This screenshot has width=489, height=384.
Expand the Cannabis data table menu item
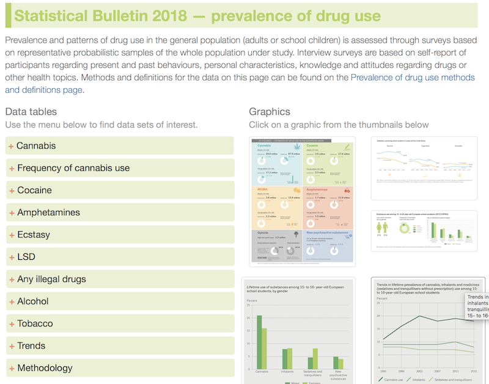click(36, 146)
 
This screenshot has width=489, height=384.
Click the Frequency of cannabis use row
click(73, 168)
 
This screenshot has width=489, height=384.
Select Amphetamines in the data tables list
click(48, 212)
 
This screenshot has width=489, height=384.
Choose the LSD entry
click(26, 257)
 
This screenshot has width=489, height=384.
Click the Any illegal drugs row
click(51, 279)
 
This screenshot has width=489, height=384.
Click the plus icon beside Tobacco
click(12, 323)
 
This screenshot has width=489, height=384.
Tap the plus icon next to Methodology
click(12, 368)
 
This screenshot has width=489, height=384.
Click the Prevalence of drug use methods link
click(413, 78)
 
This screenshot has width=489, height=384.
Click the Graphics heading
click(270, 111)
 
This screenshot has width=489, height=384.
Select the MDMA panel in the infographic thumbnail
click(275, 206)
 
